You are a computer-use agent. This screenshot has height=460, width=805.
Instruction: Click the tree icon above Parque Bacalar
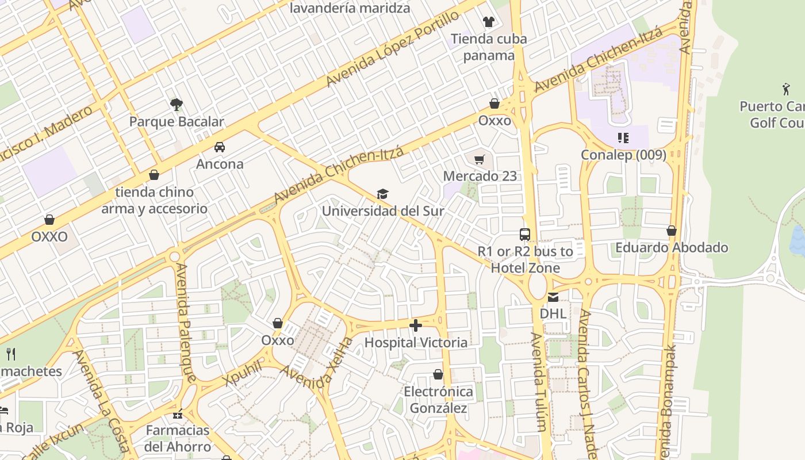click(177, 104)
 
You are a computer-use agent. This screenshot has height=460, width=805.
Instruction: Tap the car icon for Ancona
click(220, 147)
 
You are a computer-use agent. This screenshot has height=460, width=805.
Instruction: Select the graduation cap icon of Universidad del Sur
click(382, 194)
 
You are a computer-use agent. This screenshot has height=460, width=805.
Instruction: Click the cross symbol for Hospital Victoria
click(416, 326)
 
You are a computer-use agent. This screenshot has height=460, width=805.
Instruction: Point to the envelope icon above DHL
click(553, 297)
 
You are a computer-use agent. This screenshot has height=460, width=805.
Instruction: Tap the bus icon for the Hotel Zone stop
click(524, 235)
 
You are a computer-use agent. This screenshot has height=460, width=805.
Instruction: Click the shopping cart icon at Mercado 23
click(480, 159)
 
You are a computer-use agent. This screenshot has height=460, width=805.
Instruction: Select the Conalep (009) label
click(623, 155)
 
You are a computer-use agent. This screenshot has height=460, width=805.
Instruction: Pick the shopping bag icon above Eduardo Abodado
click(671, 231)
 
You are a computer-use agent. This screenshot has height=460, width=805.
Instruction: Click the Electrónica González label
click(438, 400)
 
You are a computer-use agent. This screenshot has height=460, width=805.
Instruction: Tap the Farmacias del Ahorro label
click(178, 438)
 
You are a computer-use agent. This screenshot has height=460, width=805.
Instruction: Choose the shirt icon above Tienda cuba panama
click(488, 22)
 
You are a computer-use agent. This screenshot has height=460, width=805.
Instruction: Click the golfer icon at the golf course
click(786, 89)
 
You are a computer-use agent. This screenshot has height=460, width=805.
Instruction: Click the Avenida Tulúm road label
click(538, 382)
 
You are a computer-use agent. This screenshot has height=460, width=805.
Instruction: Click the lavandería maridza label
click(350, 8)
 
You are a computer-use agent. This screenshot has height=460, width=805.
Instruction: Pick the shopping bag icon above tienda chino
click(154, 175)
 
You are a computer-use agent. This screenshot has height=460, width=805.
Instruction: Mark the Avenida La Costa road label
click(101, 401)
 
